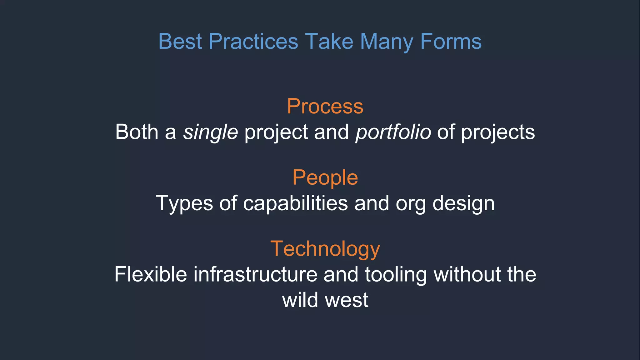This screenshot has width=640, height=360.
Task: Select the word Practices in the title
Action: coord(253,41)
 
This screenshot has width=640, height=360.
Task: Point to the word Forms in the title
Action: coord(451,41)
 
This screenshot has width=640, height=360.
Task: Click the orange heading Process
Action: coord(325,106)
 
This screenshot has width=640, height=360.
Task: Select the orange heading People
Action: coord(325,177)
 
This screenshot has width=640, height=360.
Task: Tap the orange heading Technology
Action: coord(325,249)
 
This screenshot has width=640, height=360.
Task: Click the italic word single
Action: coord(210,132)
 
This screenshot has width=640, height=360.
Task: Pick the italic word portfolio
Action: coord(393,132)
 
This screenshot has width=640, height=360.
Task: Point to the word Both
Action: coord(137,132)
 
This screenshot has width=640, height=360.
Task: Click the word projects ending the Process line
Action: coord(498,132)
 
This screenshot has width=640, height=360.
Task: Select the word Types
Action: coord(184,203)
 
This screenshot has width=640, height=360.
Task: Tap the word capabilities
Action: coord(295,203)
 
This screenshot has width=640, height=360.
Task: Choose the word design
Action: coord(463,203)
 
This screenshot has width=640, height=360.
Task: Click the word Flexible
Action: coord(151,274)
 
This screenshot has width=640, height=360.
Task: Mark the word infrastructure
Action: coord(255,274)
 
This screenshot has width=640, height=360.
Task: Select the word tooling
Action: coord(396,274)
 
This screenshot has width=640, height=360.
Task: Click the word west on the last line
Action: coord(347,300)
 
